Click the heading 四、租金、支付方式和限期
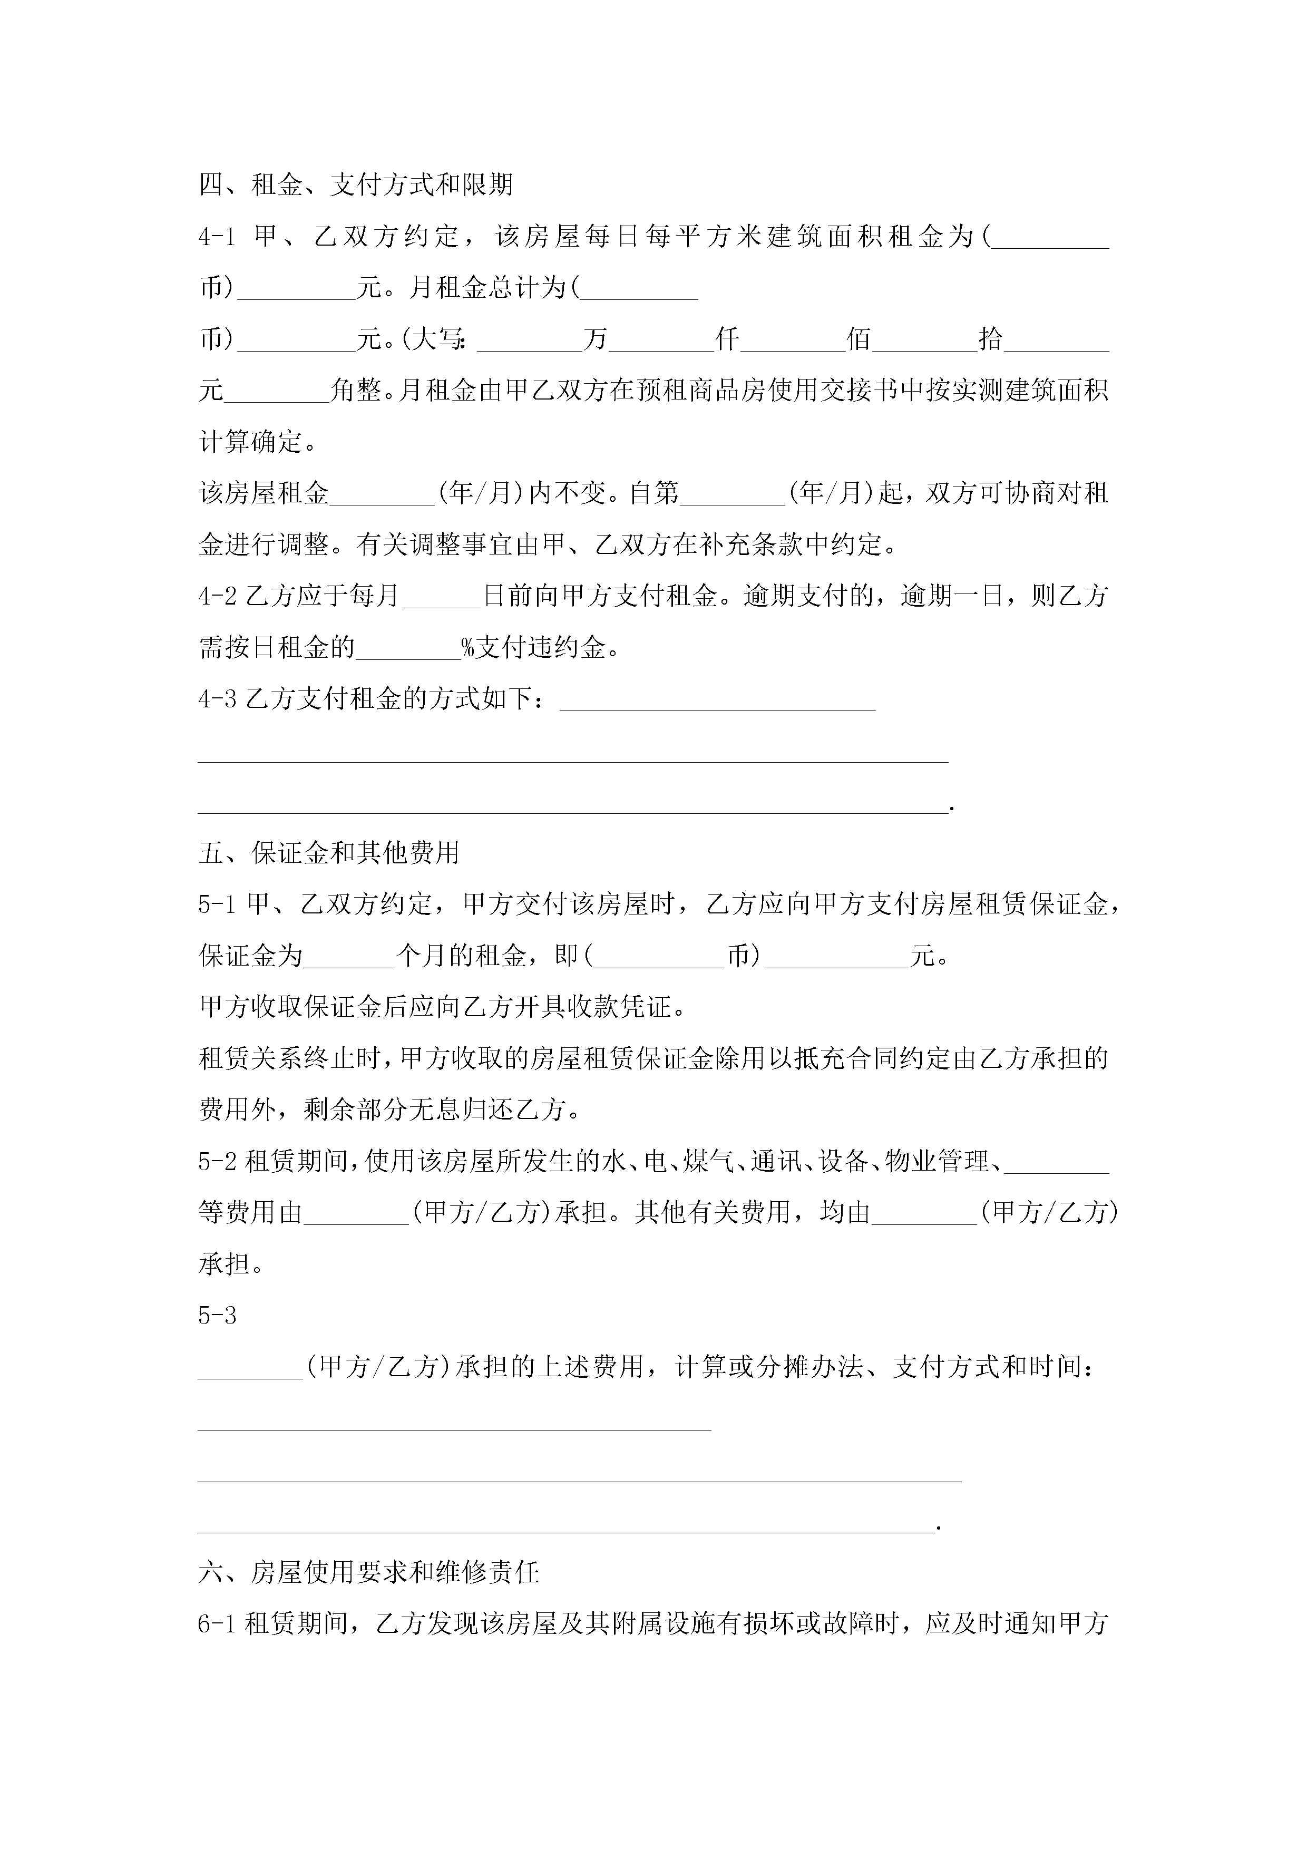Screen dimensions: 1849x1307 pyautogui.click(x=356, y=185)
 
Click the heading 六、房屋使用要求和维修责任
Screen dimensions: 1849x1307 pyautogui.click(x=369, y=1572)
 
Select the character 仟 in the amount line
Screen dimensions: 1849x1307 pyautogui.click(x=727, y=339)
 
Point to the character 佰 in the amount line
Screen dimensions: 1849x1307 pyautogui.click(x=859, y=339)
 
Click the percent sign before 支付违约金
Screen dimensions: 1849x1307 pyautogui.click(x=468, y=647)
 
